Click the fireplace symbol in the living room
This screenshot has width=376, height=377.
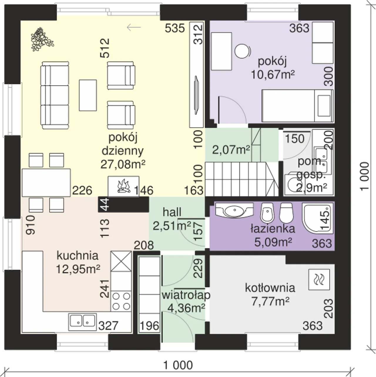click(123, 186)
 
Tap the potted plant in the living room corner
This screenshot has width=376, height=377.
click(42, 39)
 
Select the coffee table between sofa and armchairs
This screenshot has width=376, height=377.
click(88, 95)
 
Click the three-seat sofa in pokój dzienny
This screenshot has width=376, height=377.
click(55, 95)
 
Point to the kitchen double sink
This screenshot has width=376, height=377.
click(83, 322)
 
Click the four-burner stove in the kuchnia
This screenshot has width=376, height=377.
click(121, 301)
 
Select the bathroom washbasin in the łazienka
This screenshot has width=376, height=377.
click(234, 210)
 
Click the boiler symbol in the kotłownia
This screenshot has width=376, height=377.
click(319, 280)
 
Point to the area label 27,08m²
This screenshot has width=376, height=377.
click(123, 164)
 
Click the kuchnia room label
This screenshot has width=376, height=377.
click(78, 256)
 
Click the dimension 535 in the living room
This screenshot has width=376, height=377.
click(175, 28)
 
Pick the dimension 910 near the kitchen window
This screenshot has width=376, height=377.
click(31, 225)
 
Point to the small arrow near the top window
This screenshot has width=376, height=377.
click(134, 27)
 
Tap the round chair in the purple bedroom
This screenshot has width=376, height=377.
click(243, 51)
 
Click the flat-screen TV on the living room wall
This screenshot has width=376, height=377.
click(196, 95)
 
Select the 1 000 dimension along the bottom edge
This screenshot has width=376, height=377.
click(178, 365)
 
